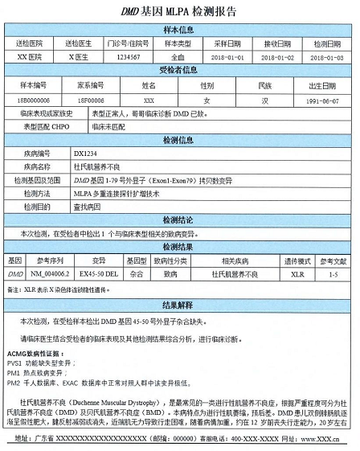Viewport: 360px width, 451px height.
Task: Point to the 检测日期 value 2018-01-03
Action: coord(327,57)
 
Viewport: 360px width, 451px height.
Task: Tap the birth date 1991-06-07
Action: coord(327,100)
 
